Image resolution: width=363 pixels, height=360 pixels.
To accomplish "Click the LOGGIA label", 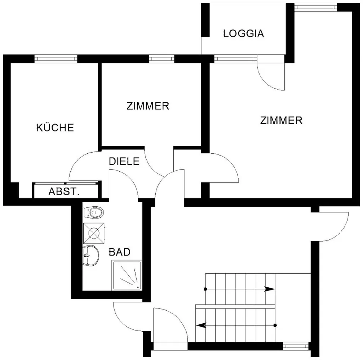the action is pyautogui.click(x=244, y=33).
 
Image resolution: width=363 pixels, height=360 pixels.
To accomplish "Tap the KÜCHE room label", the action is pyautogui.click(x=55, y=127).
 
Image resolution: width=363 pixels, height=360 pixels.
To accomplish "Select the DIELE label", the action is pyautogui.click(x=124, y=161).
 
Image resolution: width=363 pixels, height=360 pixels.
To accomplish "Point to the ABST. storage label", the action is pyautogui.click(x=64, y=192).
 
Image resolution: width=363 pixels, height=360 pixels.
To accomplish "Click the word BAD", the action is pyautogui.click(x=119, y=252).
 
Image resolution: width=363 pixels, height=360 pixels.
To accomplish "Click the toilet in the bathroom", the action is pyautogui.click(x=93, y=212).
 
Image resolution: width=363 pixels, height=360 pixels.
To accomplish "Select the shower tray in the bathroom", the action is pyautogui.click(x=127, y=275).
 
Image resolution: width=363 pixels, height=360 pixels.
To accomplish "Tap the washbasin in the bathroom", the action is pyautogui.click(x=91, y=256).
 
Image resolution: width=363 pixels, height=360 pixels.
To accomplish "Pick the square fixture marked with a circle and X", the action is pyautogui.click(x=94, y=233).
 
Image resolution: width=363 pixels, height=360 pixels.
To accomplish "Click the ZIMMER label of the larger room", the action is pyautogui.click(x=281, y=121).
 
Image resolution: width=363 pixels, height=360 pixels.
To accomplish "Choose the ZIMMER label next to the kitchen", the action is pyautogui.click(x=148, y=106).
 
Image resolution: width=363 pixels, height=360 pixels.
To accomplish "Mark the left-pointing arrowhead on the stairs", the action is pyautogui.click(x=201, y=325).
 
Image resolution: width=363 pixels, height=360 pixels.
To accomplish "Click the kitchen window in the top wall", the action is pyautogui.click(x=56, y=59).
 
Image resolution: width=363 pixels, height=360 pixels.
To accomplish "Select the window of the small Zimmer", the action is pyautogui.click(x=161, y=59).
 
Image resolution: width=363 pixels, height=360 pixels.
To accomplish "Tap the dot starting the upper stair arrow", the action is pyautogui.click(x=205, y=289).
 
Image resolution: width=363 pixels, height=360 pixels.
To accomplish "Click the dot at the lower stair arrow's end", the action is pyautogui.click(x=275, y=325).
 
